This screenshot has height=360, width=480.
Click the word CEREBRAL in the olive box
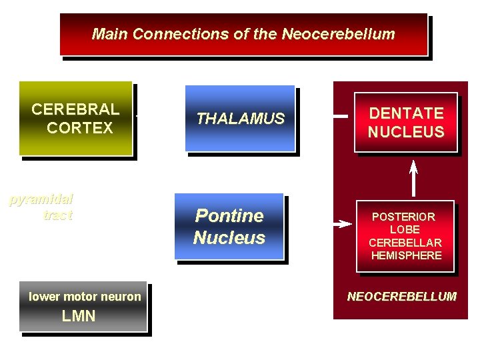point(75,109)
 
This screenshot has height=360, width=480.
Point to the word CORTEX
point(80,128)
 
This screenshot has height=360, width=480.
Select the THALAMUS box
point(240,119)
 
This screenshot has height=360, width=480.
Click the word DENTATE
point(406,113)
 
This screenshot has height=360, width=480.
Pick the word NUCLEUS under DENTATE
point(406,132)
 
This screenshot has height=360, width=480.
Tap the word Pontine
point(229,216)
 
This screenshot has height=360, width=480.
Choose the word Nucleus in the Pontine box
point(229,237)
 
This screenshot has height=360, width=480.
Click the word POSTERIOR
point(403,217)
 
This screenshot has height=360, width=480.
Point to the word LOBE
point(405,229)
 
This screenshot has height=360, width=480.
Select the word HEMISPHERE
point(405,255)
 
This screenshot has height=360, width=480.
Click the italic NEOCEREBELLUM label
point(401,297)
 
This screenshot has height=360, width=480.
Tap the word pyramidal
point(41,199)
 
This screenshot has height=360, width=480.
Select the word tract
point(57,215)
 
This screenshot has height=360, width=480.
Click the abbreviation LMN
point(79,316)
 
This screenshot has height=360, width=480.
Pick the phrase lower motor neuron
point(85,297)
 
